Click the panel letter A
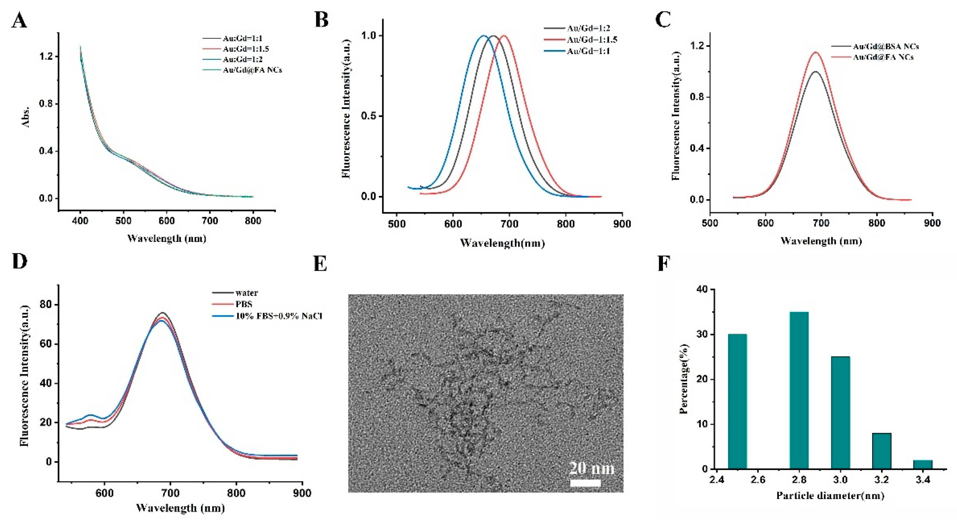19,20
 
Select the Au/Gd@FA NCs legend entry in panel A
252,70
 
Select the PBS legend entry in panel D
244,304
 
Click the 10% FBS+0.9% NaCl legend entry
279,316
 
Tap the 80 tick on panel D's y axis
46,305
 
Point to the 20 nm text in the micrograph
591,468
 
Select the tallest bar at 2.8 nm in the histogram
799,391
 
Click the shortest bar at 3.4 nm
923,465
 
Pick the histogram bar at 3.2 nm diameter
882,451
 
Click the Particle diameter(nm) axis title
830,496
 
